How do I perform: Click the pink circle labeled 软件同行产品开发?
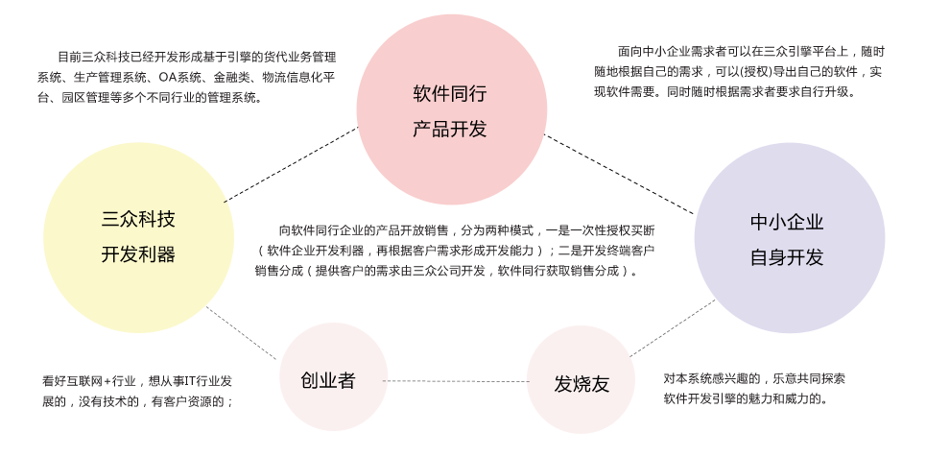click(452, 110)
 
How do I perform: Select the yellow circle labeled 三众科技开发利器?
click(139, 237)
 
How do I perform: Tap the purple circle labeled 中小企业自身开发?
click(790, 238)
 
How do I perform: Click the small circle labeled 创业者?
click(333, 376)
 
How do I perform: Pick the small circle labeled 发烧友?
click(582, 379)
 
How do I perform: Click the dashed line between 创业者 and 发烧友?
click(457, 381)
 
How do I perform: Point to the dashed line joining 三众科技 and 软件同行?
click(291, 164)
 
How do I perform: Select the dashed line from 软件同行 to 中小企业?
click(620, 175)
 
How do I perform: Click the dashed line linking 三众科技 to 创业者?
click(241, 333)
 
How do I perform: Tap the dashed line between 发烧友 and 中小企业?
click(673, 328)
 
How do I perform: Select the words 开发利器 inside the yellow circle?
click(139, 254)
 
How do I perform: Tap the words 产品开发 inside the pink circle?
click(449, 129)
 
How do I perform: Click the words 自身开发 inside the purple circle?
click(787, 257)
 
